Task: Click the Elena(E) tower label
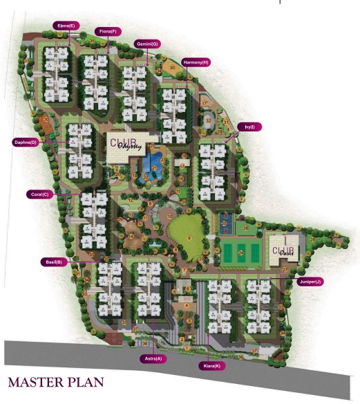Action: tap(66, 26)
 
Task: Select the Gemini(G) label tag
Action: tap(146, 44)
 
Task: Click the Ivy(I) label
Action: tap(249, 127)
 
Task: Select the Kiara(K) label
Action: tap(211, 365)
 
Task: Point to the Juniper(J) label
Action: tap(310, 282)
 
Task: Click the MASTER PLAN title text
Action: tap(55, 382)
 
